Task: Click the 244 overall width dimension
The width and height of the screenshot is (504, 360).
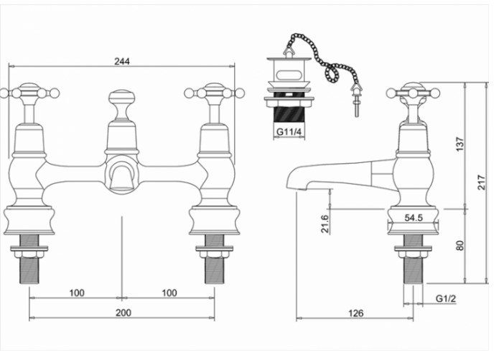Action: pos(123,60)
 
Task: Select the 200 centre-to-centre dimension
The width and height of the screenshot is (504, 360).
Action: pos(123,313)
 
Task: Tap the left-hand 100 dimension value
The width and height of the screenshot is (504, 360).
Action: pos(77,292)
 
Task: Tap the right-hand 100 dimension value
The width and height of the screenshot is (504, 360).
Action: pos(169,292)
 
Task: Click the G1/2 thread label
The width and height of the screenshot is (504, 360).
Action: pos(445,297)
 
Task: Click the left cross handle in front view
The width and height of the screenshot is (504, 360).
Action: pos(29,93)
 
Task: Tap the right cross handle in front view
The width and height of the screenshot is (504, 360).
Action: pos(214,93)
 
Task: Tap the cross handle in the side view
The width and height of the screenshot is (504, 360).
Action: pos(412,93)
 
